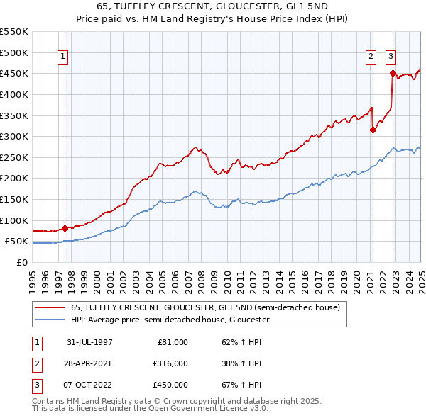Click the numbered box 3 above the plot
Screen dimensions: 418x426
click(x=390, y=58)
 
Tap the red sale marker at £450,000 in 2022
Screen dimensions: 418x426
click(x=392, y=72)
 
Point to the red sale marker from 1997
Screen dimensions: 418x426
click(x=65, y=228)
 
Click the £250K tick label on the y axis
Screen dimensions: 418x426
click(x=14, y=157)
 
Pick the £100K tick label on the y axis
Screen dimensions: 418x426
click(x=14, y=220)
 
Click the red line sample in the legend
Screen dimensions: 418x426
click(x=50, y=308)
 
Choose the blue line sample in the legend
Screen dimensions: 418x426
click(x=50, y=320)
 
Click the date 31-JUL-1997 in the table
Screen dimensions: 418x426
click(x=89, y=342)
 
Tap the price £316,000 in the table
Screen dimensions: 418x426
click(x=171, y=363)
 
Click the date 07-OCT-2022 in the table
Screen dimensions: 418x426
click(x=89, y=385)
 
